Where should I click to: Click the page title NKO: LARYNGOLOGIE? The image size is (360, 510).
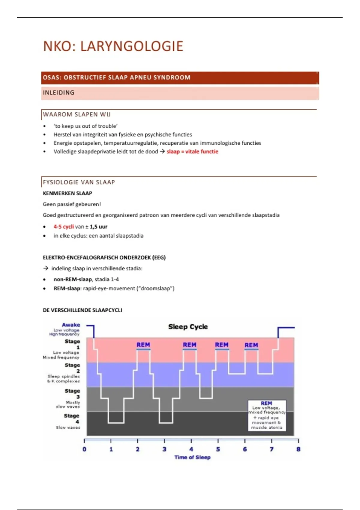pos(113,46)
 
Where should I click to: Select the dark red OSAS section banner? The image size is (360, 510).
pos(180,77)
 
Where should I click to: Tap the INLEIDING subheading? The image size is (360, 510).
pos(58,93)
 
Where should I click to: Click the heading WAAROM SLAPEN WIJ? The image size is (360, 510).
pos(77,114)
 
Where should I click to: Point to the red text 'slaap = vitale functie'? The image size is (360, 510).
pos(192,151)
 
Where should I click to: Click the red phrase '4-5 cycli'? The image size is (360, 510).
pos(64,226)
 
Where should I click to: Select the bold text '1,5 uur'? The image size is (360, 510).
pos(98,226)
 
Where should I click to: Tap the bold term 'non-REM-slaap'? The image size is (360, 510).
pos(73,279)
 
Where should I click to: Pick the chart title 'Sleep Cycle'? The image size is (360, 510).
pos(188,327)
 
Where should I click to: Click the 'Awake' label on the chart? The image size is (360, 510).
pos(71,325)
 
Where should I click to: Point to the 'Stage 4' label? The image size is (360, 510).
pos(72,418)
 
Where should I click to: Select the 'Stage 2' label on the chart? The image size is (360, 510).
pos(73,368)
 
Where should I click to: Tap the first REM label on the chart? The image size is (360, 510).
pos(143,345)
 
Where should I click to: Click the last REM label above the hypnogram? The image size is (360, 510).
pos(251,345)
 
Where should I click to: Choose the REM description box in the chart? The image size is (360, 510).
pos(267,415)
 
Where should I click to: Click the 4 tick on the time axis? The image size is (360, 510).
pos(191,449)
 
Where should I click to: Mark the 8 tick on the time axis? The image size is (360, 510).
pos(298,449)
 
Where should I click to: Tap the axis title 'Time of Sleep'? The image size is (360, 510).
pos(192,457)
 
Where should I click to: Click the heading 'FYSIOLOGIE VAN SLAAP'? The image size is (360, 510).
pos(79,182)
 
